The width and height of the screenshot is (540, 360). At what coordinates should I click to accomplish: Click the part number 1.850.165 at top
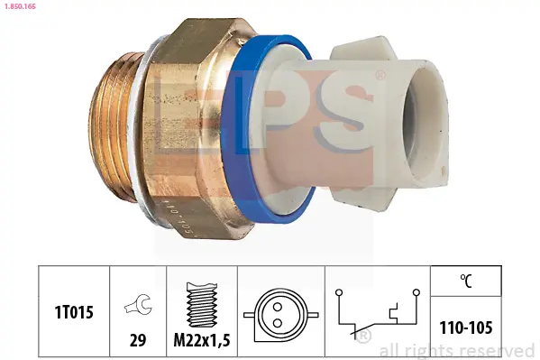point(19,6)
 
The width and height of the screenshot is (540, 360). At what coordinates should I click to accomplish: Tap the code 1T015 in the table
point(74,312)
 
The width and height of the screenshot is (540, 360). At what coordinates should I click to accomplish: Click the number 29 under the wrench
point(137,340)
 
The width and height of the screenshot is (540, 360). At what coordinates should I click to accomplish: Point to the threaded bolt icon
point(202,304)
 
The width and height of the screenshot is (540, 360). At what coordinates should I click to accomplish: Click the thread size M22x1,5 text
point(202,340)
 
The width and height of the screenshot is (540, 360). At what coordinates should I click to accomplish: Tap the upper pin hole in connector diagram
point(278,307)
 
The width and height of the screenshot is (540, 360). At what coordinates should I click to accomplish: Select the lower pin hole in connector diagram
point(278,323)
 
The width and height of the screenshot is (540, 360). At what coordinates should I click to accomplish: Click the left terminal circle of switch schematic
point(339,292)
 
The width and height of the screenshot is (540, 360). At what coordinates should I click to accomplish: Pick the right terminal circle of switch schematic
point(416,292)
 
